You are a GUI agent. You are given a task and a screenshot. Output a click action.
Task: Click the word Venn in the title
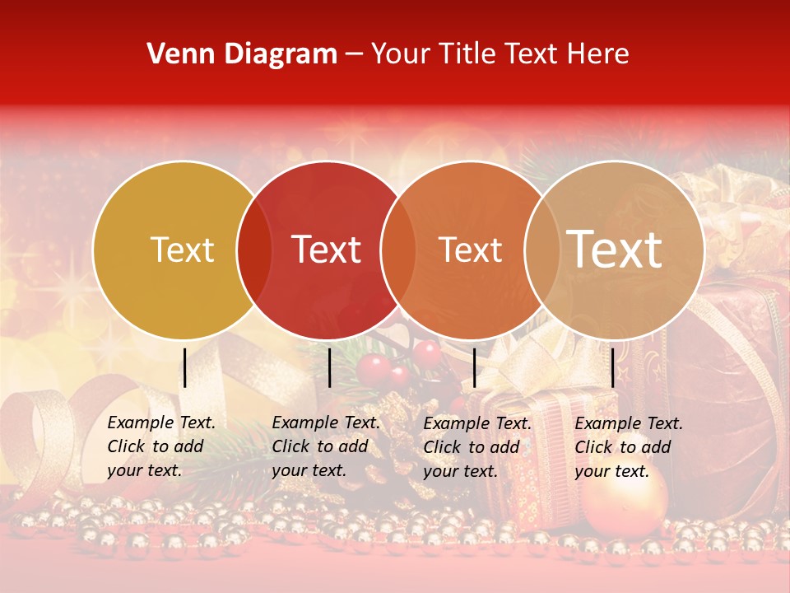click(x=174, y=54)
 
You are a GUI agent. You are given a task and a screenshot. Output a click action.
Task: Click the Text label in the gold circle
click(x=182, y=250)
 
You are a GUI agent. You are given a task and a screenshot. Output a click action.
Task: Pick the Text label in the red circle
click(x=327, y=250)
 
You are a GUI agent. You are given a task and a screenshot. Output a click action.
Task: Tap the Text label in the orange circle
click(x=470, y=250)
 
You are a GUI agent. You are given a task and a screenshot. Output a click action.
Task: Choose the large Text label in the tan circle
click(x=615, y=250)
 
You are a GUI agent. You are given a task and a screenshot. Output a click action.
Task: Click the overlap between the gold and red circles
click(x=254, y=250)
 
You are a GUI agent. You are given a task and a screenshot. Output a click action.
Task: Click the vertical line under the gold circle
click(x=185, y=367)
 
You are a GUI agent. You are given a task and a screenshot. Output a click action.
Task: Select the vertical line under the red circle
click(x=329, y=367)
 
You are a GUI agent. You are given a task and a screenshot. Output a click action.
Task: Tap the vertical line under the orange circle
click(x=474, y=367)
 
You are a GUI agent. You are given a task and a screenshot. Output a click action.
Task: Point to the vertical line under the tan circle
click(x=612, y=367)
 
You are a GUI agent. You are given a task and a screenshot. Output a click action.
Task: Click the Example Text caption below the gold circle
click(x=161, y=446)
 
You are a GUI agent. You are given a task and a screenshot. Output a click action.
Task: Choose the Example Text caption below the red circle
click(x=326, y=446)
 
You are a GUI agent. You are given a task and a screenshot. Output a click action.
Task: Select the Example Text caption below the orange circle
click(x=477, y=446)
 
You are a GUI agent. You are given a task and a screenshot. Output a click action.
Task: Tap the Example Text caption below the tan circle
click(x=629, y=446)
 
